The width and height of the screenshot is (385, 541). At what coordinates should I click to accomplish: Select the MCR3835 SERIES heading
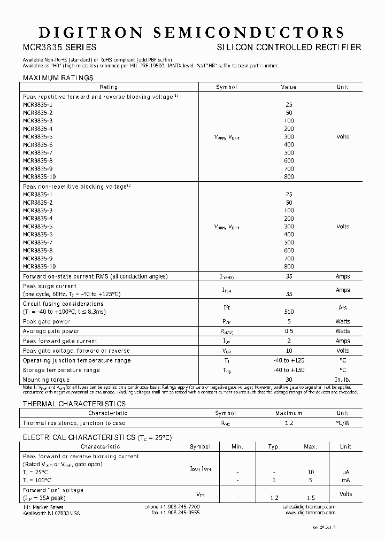pyautogui.click(x=59, y=48)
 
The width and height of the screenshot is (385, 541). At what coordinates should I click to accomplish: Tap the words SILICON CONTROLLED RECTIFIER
pyautogui.click(x=289, y=48)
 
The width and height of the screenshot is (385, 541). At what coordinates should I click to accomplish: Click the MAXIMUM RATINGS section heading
pyautogui.click(x=58, y=78)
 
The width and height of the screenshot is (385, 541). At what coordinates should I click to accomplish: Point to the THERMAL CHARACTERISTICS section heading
pyautogui.click(x=74, y=404)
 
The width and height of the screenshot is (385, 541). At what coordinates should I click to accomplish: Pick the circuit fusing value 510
pyautogui.click(x=289, y=312)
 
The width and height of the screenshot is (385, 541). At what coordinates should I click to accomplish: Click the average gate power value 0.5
pyautogui.click(x=289, y=331)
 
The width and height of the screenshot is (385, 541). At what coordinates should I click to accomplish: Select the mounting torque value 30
pyautogui.click(x=289, y=380)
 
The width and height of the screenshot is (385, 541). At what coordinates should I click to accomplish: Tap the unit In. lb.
pyautogui.click(x=343, y=380)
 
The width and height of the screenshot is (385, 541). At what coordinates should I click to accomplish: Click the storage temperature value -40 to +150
pyautogui.click(x=289, y=370)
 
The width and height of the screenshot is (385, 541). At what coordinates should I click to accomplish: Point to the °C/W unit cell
pyautogui.click(x=343, y=423)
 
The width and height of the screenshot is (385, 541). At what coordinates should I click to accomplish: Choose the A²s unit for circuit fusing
pyautogui.click(x=343, y=308)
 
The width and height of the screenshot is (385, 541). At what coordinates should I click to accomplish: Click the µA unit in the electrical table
pyautogui.click(x=345, y=473)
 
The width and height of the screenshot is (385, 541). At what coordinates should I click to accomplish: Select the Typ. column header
pyautogui.click(x=274, y=446)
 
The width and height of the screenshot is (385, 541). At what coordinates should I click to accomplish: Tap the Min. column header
pyautogui.click(x=237, y=446)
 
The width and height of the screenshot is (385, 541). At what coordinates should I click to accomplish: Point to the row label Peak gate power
pyautogui.click(x=46, y=321)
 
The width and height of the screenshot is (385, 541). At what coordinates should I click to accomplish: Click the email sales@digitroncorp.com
pyautogui.click(x=309, y=506)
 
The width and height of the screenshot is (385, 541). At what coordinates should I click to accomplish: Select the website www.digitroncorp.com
pyautogui.click(x=310, y=513)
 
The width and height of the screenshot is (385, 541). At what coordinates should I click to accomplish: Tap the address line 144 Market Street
pyautogui.click(x=43, y=506)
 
